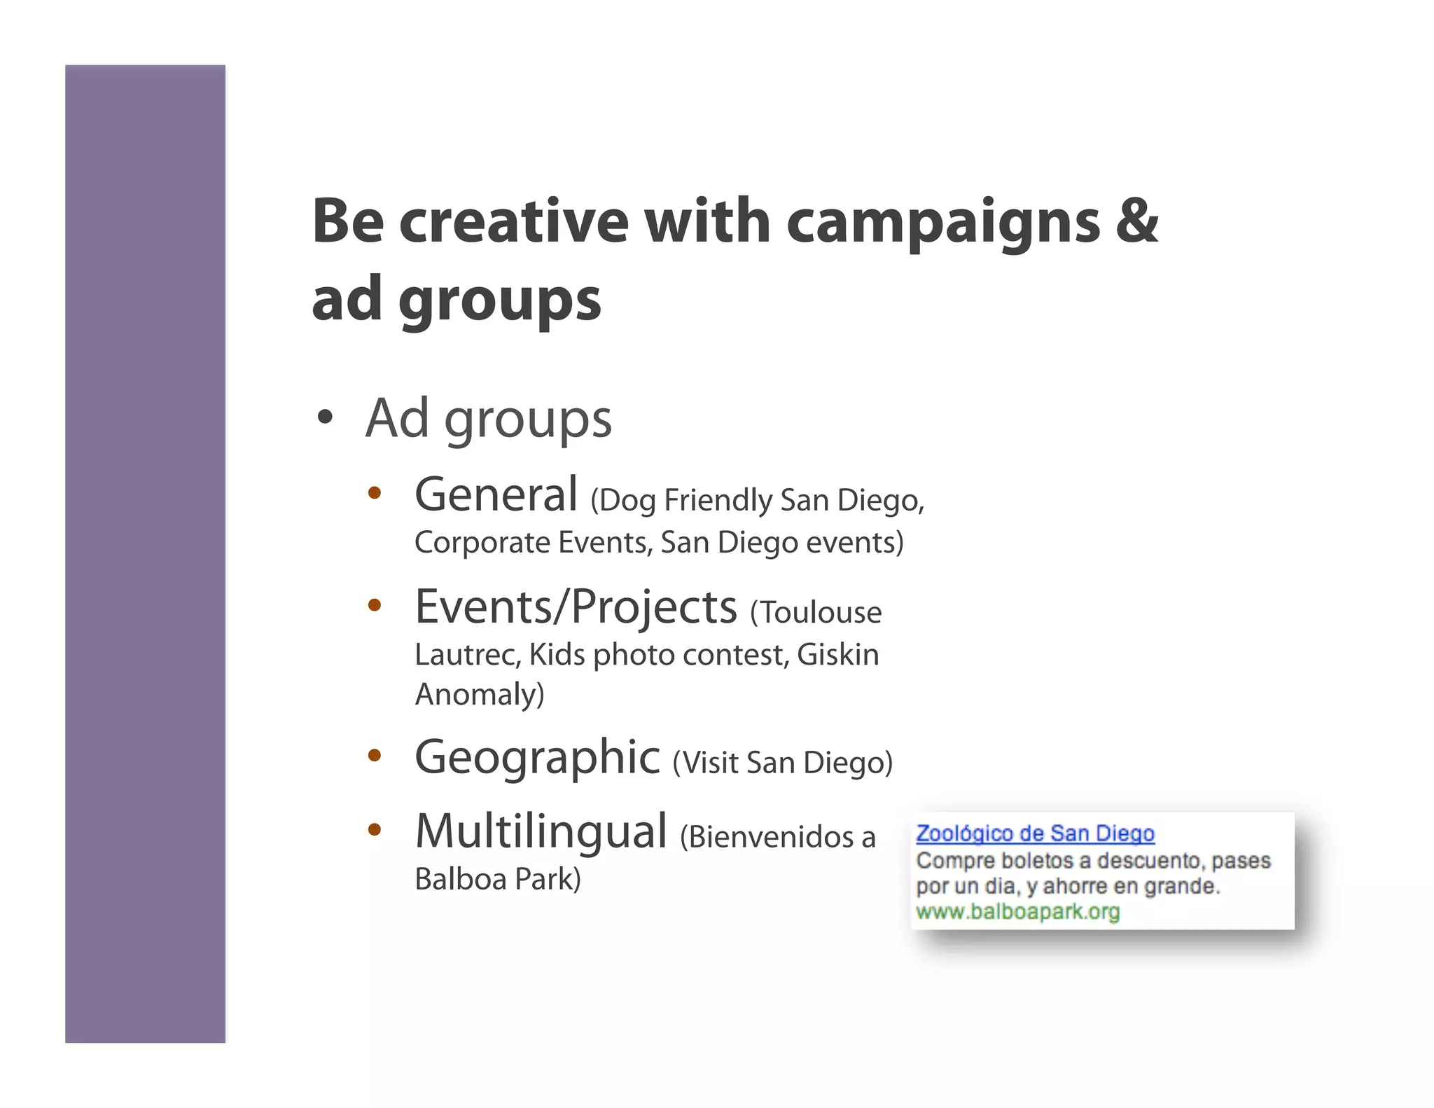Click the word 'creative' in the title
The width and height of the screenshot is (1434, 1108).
(514, 221)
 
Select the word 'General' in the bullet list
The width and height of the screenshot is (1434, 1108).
(496, 494)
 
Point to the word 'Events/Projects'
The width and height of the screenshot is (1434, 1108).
(576, 607)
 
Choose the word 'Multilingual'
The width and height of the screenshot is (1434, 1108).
(541, 831)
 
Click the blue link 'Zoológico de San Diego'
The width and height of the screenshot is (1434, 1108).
(1035, 833)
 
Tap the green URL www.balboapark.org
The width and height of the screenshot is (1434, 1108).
(1017, 912)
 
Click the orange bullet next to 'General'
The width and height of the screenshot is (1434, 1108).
(375, 493)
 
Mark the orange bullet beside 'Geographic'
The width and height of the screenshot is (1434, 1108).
(375, 755)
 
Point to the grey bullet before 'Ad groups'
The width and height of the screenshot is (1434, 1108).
(324, 417)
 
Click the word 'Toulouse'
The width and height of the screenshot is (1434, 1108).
(820, 613)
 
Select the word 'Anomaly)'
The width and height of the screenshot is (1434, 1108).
(480, 695)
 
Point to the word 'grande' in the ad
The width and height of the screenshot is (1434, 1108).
(1183, 887)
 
